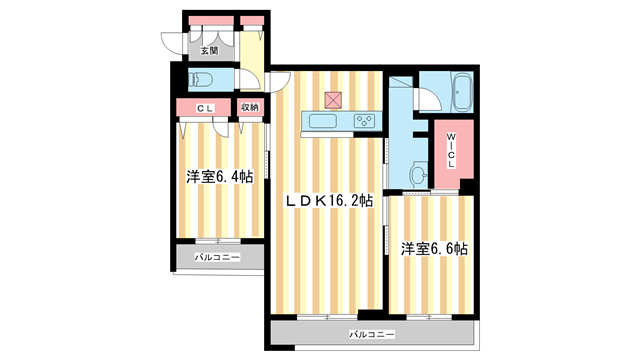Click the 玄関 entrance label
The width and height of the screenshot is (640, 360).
point(208,49)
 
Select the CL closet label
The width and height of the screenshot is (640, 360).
point(205,107)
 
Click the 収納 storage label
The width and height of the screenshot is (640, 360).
point(250,107)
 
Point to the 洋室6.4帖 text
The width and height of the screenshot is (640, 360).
point(219,176)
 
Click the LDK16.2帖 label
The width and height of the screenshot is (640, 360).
point(329,201)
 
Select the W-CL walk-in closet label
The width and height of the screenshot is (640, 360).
point(451,155)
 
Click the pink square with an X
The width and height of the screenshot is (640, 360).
point(333,99)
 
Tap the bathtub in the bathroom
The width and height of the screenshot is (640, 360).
point(463,94)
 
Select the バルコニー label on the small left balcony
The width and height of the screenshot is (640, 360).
point(217,256)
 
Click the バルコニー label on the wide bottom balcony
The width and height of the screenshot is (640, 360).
point(372,333)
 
